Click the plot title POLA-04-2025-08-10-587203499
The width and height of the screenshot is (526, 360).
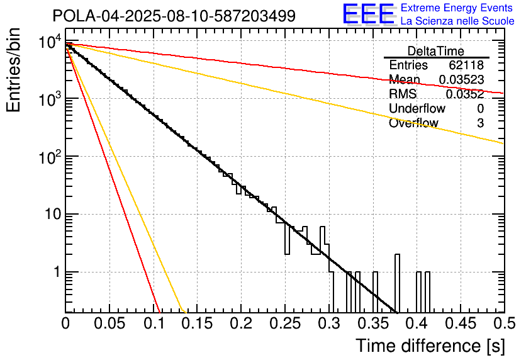pos(174,16)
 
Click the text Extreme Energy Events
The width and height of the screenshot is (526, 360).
pos(457,8)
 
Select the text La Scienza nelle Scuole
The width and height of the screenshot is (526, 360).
pos(457,21)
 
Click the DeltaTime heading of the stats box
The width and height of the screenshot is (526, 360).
pos(436,51)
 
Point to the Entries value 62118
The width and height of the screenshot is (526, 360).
pos(466,65)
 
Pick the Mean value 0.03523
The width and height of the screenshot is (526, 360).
pos(461,80)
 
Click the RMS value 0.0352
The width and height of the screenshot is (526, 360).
pos(464,94)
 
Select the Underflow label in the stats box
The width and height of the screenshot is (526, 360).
pos(417,109)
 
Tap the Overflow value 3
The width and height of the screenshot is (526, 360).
pos(480,123)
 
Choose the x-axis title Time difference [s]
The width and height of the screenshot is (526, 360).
pos(430,346)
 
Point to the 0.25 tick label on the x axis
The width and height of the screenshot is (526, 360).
pos(284,323)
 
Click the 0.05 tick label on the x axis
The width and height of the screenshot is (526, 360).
pos(109,323)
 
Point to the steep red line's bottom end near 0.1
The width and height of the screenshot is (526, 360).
pos(159,310)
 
